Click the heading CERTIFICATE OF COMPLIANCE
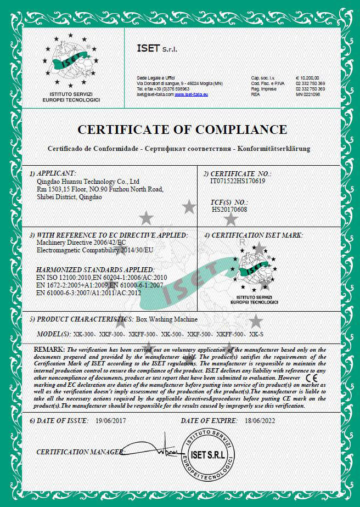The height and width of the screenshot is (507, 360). pyautogui.click(x=182, y=130)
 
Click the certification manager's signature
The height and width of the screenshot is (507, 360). pyautogui.click(x=159, y=449)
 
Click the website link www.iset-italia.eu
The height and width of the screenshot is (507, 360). pyautogui.click(x=192, y=94)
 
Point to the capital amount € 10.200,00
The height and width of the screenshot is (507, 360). pyautogui.click(x=308, y=78)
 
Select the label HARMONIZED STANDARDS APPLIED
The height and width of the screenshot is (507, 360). pyautogui.click(x=95, y=270)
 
